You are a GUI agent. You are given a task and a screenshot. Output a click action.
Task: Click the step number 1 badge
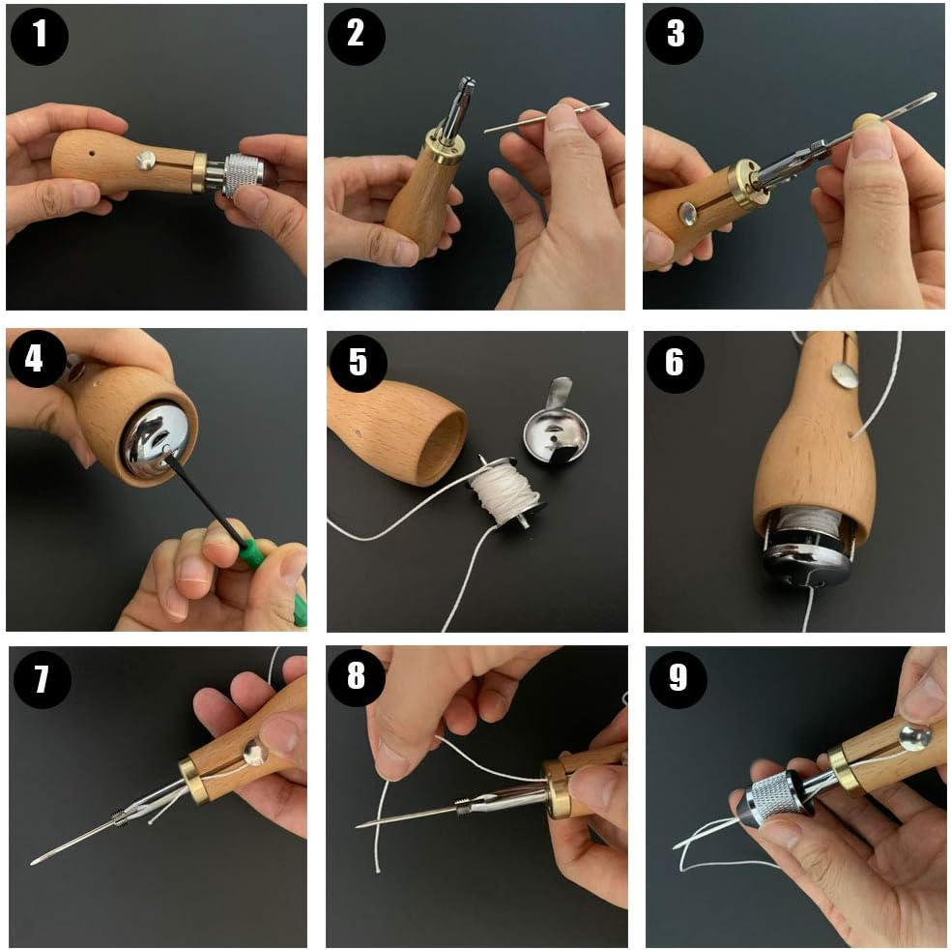pos(40,35)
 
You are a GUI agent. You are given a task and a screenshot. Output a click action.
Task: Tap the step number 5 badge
pos(358,363)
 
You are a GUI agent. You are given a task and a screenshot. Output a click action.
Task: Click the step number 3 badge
pos(675,35)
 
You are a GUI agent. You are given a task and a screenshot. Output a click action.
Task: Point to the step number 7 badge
pos(42,679)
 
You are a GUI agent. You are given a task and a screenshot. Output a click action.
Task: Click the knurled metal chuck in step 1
pos(244,176)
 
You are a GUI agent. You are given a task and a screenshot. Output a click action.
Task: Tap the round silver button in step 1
pos(145,161)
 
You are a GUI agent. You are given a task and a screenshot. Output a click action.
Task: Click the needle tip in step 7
pos(34,862)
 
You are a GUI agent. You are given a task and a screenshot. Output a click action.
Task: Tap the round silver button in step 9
pos(914,737)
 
